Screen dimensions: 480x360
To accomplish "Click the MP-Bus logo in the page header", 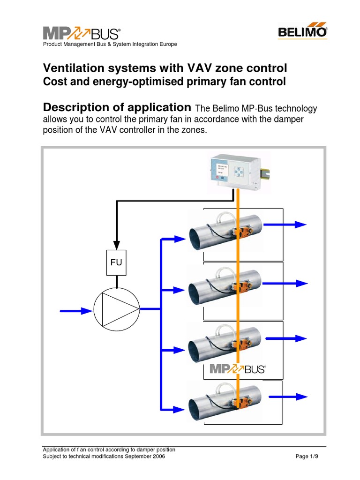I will [82, 33].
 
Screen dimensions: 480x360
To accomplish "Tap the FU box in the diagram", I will [116, 262].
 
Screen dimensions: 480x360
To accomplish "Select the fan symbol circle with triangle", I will [117, 309].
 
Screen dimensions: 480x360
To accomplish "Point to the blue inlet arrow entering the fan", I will [76, 310].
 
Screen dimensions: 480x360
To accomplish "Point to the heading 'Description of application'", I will [117, 107].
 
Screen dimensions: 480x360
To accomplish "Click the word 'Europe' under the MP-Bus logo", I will [167, 45].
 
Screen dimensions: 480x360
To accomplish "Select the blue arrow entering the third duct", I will [174, 351].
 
